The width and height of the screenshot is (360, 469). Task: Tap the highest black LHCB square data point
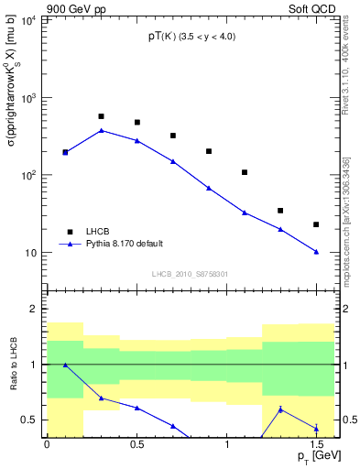(101, 116)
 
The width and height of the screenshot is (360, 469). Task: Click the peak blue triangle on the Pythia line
(101, 130)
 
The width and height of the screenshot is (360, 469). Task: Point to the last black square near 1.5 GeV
(316, 224)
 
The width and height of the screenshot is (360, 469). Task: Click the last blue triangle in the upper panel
(316, 252)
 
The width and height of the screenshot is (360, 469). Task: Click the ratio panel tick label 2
(34, 310)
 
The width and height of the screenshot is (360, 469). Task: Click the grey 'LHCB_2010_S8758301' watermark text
(190, 273)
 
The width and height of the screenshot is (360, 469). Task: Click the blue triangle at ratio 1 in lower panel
(65, 365)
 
